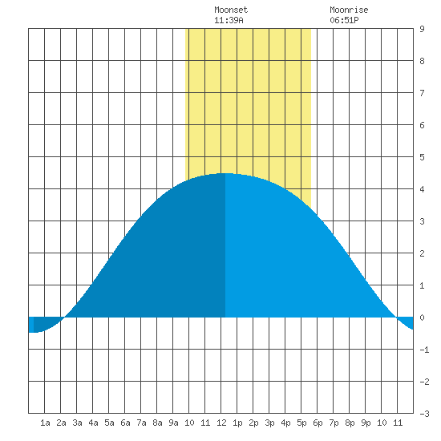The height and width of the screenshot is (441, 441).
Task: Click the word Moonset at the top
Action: pos(231,10)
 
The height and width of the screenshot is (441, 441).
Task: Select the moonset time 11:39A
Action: pos(229,20)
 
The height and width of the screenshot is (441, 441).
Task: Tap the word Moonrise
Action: pos(349,10)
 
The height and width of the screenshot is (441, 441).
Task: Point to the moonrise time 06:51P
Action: pos(344,20)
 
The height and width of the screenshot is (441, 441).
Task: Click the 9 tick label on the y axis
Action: pos(422,29)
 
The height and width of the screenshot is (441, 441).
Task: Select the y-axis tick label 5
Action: pos(422,157)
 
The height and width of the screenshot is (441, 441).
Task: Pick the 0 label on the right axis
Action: pos(422,318)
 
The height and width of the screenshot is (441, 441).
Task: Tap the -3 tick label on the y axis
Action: pos(424,414)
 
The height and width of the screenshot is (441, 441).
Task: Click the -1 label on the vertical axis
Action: pos(424,350)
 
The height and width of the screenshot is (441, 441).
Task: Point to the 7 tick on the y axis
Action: pos(422,93)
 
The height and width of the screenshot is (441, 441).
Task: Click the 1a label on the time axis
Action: pos(45,423)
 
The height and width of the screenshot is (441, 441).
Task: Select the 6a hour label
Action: pos(125,423)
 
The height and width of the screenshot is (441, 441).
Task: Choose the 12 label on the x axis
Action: pos(221,423)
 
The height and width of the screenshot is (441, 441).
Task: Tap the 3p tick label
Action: pos(269,423)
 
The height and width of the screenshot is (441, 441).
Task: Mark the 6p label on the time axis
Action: pos(318,423)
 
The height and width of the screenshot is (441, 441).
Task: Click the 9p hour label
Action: pos(366,423)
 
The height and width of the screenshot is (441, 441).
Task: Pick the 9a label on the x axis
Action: pos(173,423)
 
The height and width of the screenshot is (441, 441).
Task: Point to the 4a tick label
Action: pos(93,423)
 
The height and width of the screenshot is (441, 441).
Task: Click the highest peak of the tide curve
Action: pos(225,173)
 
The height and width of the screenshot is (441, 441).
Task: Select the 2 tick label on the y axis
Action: pos(422,253)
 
